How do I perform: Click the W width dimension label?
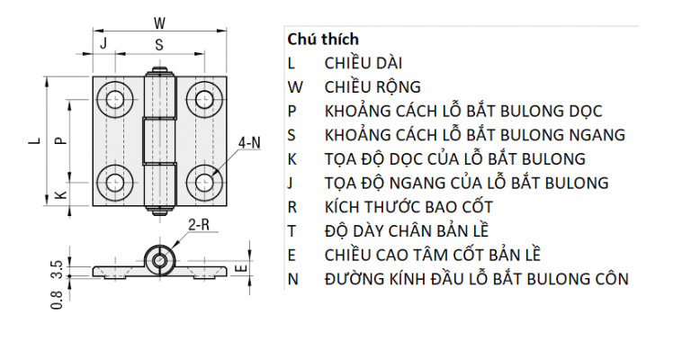pyautogui.click(x=159, y=22)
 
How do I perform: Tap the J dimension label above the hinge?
pyautogui.click(x=103, y=43)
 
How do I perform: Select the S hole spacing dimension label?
pyautogui.click(x=159, y=45)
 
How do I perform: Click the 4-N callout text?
pyautogui.click(x=249, y=142)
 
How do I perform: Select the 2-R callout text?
pyautogui.click(x=199, y=224)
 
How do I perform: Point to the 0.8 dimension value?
pyautogui.click(x=57, y=300)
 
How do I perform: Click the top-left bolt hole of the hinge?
pyautogui.click(x=115, y=99)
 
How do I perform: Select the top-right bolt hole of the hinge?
pyautogui.click(x=204, y=99)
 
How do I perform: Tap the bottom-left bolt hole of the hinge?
pyautogui.click(x=115, y=183)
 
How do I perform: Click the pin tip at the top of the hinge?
pyautogui.click(x=160, y=70)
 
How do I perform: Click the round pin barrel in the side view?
pyautogui.click(x=160, y=260)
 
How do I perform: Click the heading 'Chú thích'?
pyautogui.click(x=323, y=40)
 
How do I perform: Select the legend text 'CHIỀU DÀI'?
pyautogui.click(x=363, y=64)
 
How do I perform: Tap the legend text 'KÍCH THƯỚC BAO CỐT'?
pyautogui.click(x=408, y=207)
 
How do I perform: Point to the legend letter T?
pyautogui.click(x=292, y=231)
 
